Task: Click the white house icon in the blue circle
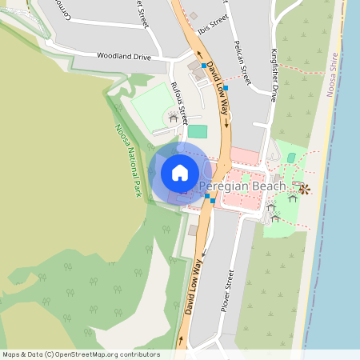click(x=180, y=172)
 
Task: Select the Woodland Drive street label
click(x=123, y=57)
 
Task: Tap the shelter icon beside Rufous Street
click(x=173, y=118)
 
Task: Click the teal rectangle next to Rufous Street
click(x=197, y=130)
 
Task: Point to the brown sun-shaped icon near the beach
click(x=304, y=189)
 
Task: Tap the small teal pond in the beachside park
click(x=291, y=158)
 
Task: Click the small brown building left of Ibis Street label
click(x=193, y=15)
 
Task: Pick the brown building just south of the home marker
click(x=193, y=230)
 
